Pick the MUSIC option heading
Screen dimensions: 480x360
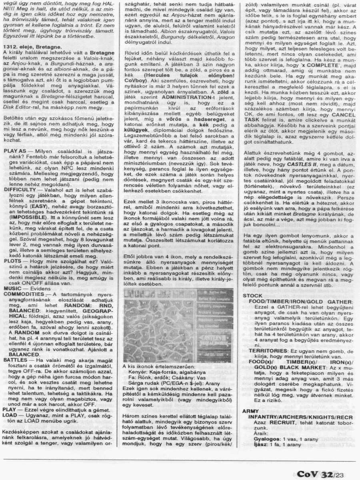coord(13,288)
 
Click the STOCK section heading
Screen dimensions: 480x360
coord(252,296)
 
